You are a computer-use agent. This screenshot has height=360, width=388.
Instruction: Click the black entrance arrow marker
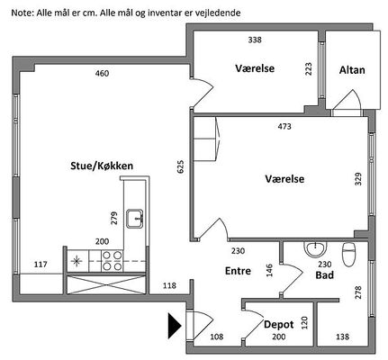pos(175,326)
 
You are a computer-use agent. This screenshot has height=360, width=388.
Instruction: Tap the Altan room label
pos(352,70)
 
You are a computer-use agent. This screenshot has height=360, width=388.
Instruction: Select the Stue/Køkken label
pos(102,166)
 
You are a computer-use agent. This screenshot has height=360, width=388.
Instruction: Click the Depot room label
pos(279,325)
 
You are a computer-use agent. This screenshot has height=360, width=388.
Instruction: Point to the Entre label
pos(238,271)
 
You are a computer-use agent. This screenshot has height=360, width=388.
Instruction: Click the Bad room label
pos(325,274)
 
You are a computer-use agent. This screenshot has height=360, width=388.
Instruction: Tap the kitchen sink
pos(135,219)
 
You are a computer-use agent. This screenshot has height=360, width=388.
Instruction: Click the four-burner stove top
pos(113,261)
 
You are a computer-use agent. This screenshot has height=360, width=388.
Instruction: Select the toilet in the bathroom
pos(348,254)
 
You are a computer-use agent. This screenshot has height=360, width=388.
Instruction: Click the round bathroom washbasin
pos(315,249)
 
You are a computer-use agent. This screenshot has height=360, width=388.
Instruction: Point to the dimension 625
pos(181,166)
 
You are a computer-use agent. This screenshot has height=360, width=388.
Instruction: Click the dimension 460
pos(102,73)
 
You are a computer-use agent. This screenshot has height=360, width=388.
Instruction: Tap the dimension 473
pos(284,126)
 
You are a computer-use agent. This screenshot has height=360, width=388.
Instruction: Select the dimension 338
pos(255,40)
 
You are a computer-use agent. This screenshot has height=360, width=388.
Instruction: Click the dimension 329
pos(358,179)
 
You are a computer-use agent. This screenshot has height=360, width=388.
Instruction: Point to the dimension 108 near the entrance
pos(217,337)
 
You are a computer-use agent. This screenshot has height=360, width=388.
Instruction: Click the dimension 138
pos(342,337)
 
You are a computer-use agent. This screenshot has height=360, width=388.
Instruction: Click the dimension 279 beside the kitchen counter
pos(114,218)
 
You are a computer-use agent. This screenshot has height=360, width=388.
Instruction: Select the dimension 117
pos(41,265)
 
